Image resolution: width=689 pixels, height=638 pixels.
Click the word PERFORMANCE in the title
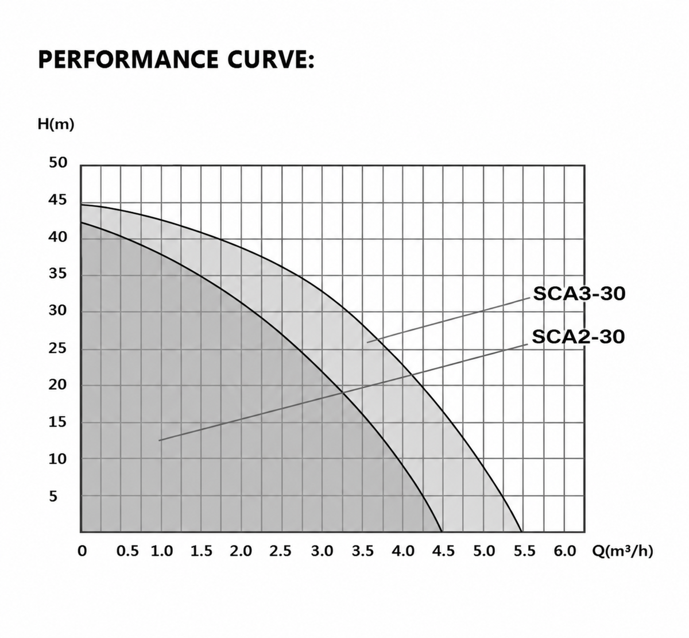point(129,59)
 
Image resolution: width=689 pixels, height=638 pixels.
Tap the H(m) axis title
point(56,124)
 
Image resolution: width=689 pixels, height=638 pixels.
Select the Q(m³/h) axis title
point(622,551)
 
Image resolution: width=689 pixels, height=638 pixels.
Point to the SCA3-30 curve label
point(579,294)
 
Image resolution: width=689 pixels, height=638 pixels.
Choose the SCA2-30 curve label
point(578,337)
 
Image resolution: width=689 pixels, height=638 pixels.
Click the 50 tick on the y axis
point(57,163)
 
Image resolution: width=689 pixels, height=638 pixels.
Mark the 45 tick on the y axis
point(57,200)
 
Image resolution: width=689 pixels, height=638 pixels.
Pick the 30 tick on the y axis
point(57,310)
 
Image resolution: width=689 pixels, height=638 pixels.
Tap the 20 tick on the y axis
point(57,385)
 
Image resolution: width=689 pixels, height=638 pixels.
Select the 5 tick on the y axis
point(53,497)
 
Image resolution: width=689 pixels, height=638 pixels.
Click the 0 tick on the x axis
point(82,551)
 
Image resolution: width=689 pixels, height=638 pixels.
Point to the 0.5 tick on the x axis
point(127,551)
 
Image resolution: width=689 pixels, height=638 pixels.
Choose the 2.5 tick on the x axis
point(280,551)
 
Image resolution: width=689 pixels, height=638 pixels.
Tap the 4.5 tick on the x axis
point(443,551)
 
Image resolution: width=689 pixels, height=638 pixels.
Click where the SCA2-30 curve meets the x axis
point(442,532)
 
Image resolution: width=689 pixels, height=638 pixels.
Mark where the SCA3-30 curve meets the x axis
point(522,532)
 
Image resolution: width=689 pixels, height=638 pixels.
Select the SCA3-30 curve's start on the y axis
point(81,205)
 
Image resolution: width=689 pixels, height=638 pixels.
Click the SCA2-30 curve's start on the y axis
point(81,222)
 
